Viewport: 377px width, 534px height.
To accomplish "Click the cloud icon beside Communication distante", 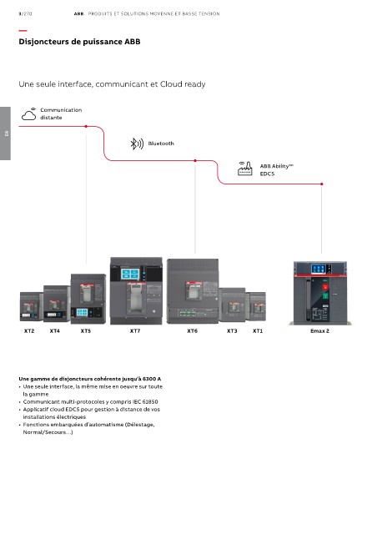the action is [29, 114].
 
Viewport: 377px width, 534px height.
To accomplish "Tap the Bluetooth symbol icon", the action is [137, 144].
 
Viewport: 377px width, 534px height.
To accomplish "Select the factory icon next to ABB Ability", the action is [245, 169].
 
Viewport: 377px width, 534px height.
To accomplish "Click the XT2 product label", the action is [29, 330].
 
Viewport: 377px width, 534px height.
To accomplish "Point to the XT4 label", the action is [55, 330].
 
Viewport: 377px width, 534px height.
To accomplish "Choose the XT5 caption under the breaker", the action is [86, 330].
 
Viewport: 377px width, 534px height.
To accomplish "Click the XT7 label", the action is [135, 330].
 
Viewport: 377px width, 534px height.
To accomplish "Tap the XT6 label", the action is [193, 330].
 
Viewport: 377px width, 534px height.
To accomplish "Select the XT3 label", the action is [232, 330].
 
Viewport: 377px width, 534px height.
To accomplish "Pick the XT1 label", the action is [258, 330].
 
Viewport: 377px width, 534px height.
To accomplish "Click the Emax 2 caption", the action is [319, 330].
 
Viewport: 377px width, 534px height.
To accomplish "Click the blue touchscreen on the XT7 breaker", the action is [130, 274].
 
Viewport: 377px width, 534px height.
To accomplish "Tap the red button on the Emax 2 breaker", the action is [325, 287].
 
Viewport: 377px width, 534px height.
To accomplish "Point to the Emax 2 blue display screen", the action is [319, 269].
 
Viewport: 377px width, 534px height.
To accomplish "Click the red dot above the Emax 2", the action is [322, 184].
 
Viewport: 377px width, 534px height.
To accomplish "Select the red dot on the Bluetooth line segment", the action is [195, 160].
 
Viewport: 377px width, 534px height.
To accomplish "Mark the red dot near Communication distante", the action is [86, 126].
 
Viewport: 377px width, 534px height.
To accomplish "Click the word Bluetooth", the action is [161, 144].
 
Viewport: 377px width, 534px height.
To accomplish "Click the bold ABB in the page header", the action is [78, 14].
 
